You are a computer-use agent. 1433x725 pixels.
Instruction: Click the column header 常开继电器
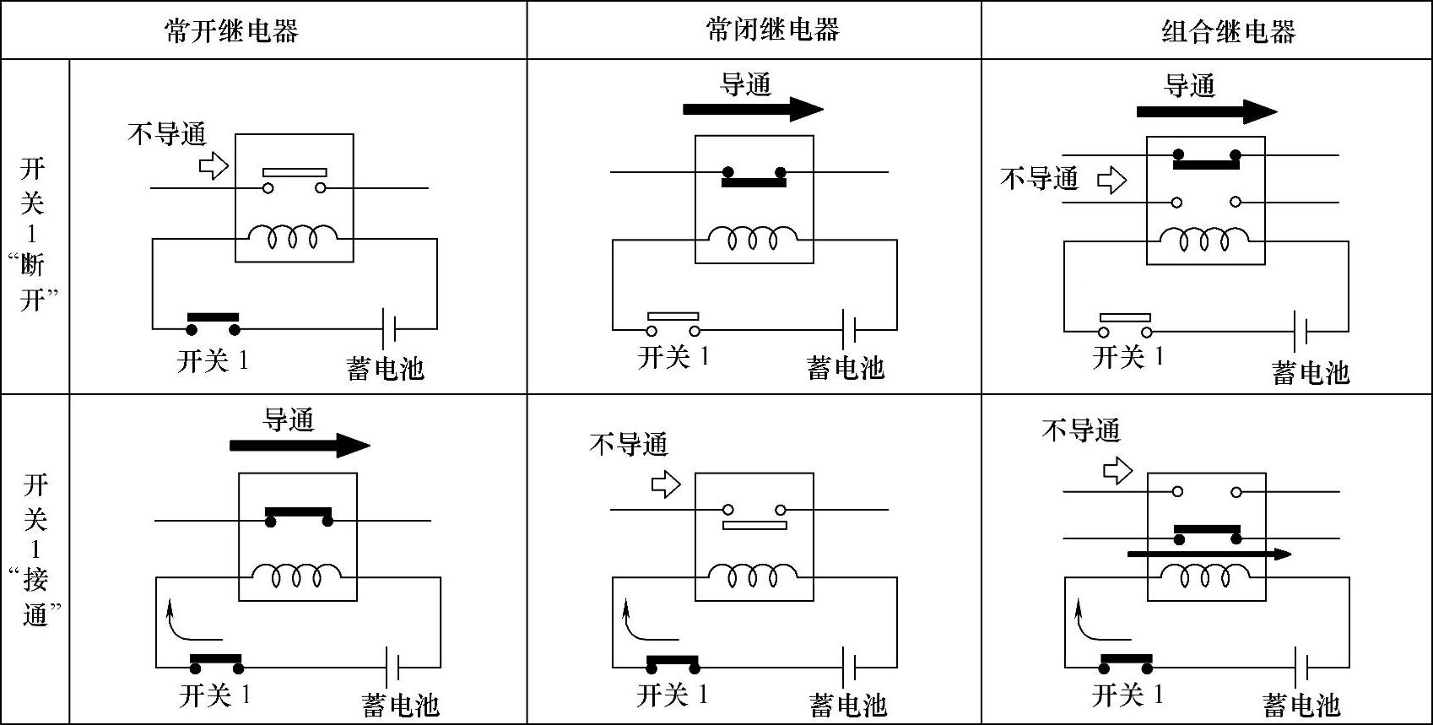(230, 31)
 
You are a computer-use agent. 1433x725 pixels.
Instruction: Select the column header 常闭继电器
(772, 30)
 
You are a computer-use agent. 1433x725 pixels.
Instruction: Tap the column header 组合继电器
(1228, 32)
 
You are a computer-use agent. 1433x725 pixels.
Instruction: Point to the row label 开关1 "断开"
(34, 234)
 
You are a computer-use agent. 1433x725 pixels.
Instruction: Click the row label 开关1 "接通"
(35, 549)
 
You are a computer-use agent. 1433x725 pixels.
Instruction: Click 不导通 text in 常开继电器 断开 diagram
(166, 133)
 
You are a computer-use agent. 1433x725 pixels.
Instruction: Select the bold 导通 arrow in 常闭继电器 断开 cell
(752, 109)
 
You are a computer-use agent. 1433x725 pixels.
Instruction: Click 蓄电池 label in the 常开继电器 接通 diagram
(400, 704)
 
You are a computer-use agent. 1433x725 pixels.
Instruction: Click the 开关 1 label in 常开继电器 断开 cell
(213, 361)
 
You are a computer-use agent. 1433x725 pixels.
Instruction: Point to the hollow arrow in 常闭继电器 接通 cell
(666, 484)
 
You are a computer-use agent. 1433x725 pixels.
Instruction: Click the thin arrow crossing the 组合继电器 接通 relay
(1209, 555)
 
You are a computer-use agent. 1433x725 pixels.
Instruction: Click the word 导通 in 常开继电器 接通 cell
(289, 419)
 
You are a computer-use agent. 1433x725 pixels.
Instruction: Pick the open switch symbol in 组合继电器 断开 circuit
(1125, 326)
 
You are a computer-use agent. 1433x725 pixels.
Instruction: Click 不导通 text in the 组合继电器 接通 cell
(1080, 430)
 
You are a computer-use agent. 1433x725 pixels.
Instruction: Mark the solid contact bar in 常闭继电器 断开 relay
(753, 180)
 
